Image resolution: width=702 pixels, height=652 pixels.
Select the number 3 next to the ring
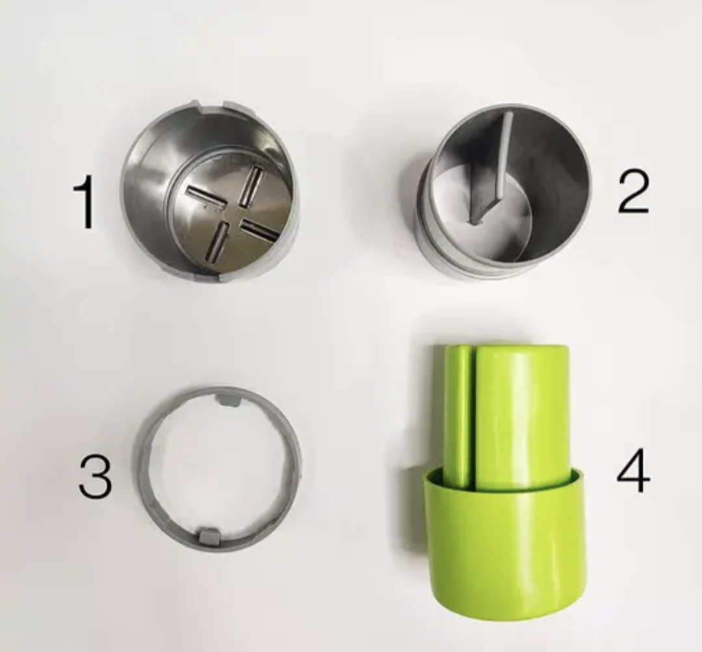[x=95, y=476]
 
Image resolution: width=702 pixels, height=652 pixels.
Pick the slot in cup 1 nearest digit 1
[x=201, y=196]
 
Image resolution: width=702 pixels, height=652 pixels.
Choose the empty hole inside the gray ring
[x=218, y=467]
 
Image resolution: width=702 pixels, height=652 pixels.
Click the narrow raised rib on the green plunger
[x=459, y=416]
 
